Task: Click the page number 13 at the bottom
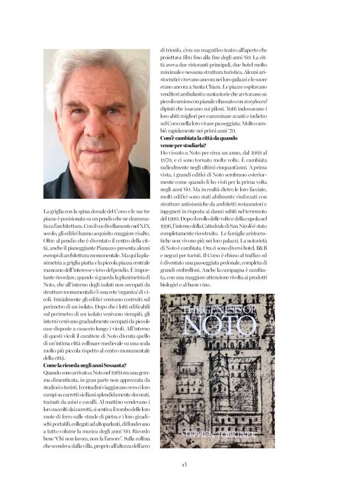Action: coord(184,464)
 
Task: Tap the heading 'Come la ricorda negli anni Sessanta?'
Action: coord(85,365)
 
